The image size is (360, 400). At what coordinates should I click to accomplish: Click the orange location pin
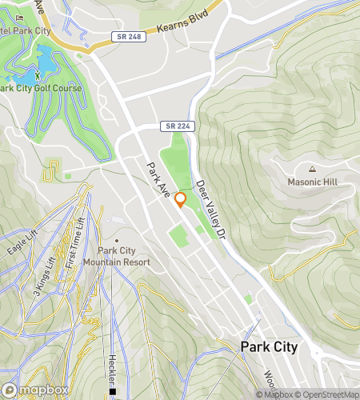pos(181,200)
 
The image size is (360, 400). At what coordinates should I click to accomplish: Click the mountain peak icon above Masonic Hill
pos(312,169)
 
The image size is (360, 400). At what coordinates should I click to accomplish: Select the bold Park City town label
pos(270,347)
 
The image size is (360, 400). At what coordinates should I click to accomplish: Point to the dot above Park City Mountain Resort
pos(117,240)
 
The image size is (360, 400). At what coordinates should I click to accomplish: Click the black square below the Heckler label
pos(114,392)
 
